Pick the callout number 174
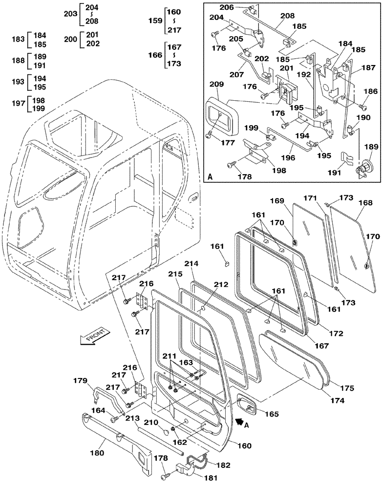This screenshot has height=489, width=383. pos(323,400)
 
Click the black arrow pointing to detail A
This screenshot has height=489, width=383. pos(239,420)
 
